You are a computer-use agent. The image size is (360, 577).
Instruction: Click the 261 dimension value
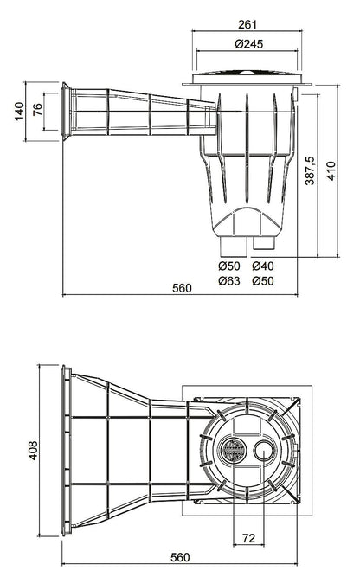tap(247, 24)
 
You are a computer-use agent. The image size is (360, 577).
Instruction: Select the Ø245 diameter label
tap(249, 44)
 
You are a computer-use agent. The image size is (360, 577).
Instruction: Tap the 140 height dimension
tap(19, 111)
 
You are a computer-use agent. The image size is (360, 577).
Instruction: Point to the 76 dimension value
tap(37, 110)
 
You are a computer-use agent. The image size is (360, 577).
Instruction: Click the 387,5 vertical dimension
tap(310, 170)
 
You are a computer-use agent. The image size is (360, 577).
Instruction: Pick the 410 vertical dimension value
tap(331, 171)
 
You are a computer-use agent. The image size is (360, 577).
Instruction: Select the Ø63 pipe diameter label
tap(228, 281)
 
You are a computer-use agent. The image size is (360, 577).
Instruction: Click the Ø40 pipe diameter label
tap(263, 266)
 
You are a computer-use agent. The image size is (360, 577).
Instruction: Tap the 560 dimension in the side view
tap(182, 288)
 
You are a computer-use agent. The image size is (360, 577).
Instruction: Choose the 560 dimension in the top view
tap(180, 557)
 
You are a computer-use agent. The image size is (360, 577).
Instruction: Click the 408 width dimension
tap(33, 451)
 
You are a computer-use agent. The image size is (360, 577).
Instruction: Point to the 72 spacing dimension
tap(249, 538)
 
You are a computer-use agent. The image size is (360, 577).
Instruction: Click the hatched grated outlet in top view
tap(233, 450)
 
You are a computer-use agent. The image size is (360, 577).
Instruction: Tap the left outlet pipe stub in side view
tap(233, 247)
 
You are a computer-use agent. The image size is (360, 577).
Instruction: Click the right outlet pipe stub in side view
tap(264, 243)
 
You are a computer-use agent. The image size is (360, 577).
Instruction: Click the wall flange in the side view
tap(66, 111)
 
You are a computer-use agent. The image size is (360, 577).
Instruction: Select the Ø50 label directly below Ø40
tap(263, 281)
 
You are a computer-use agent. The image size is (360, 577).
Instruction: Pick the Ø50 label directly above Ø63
tap(228, 266)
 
